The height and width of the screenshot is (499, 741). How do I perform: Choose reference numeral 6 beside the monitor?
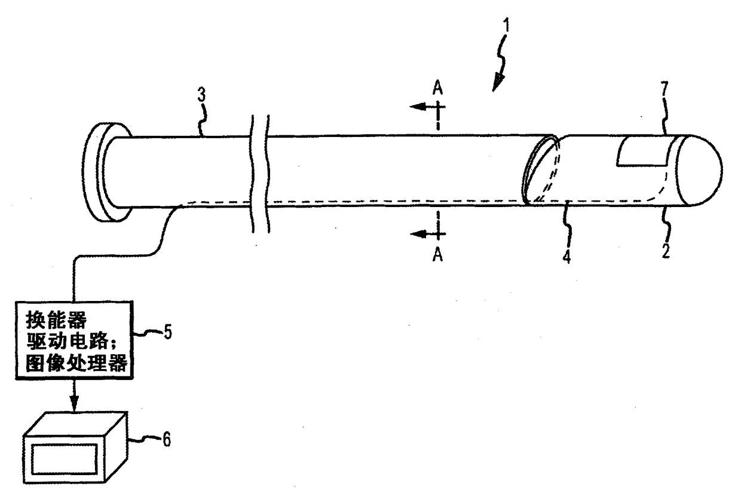[x=167, y=440]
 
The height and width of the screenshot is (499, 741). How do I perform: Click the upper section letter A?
[x=438, y=87]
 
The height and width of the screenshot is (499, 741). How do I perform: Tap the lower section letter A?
[x=438, y=255]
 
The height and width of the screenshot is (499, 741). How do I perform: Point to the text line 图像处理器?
[x=74, y=364]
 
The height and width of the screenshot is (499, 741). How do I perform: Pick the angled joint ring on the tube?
[x=541, y=171]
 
